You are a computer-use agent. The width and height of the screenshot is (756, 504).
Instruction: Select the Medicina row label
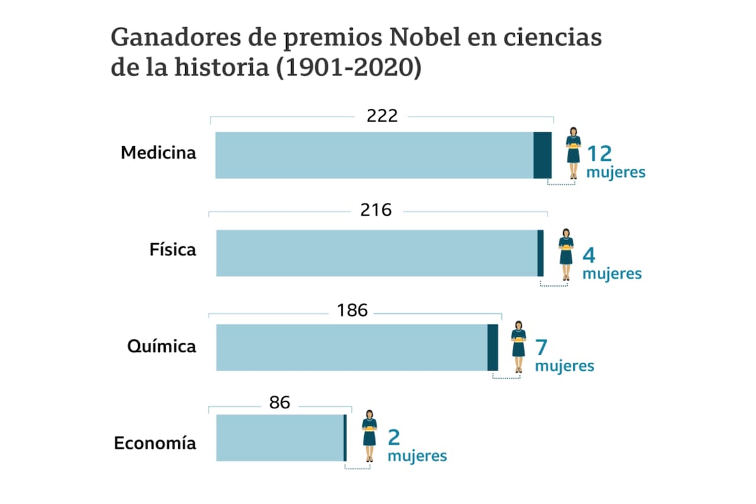coord(159,153)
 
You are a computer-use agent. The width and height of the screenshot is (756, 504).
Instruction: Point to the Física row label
coord(173,250)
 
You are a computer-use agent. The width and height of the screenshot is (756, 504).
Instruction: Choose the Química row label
coord(161,346)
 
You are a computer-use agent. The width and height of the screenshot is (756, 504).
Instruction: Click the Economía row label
coord(155,443)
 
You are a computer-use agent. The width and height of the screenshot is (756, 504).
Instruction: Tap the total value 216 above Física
coord(376,210)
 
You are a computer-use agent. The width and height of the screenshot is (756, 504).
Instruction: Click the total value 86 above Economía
coord(279,403)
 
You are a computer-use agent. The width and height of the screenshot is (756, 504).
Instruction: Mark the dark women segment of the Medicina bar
coord(542,155)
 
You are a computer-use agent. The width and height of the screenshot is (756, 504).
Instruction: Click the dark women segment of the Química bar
coord(493,347)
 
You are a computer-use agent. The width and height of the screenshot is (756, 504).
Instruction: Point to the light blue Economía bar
coord(280,438)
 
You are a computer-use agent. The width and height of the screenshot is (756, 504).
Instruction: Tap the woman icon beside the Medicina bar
coord(574,146)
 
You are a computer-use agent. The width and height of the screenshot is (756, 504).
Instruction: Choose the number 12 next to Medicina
coord(599,154)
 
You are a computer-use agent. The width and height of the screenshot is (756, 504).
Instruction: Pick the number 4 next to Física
coord(589,255)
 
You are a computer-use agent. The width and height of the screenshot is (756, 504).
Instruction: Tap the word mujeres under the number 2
coord(417,455)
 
